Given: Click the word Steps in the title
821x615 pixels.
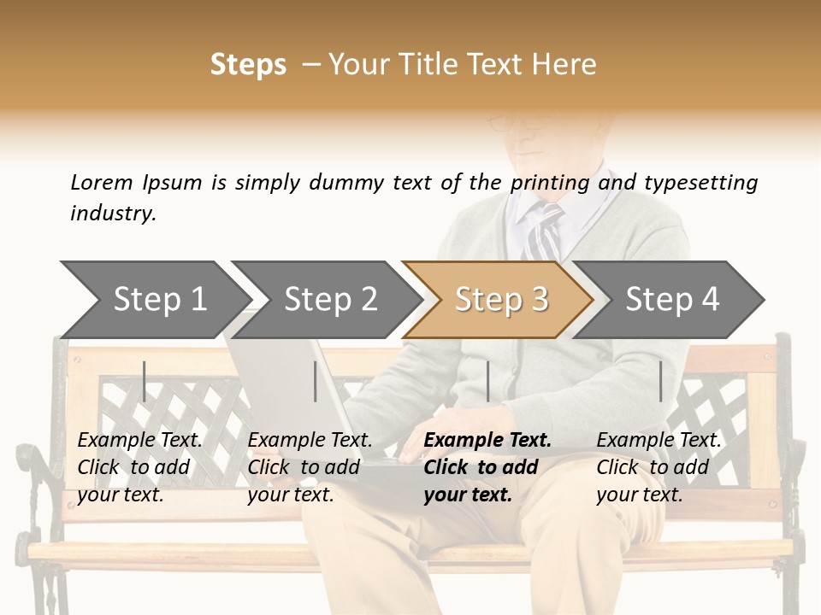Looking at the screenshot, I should [248, 65].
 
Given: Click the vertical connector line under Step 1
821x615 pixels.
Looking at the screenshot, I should [145, 381].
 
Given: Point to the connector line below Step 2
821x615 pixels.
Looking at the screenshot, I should [316, 381].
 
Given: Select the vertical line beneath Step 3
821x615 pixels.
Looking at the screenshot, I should [487, 381].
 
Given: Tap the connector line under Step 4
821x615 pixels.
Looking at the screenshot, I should [660, 381].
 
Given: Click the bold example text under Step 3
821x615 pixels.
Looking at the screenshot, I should [486, 467].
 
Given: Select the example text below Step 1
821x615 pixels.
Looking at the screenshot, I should [139, 467].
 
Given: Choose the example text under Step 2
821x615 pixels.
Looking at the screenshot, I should [310, 467].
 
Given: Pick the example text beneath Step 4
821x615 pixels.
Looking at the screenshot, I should [658, 467].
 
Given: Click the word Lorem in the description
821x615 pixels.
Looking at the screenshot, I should [102, 182].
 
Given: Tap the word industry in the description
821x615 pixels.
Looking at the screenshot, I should [113, 213].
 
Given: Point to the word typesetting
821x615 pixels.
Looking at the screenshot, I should [700, 183].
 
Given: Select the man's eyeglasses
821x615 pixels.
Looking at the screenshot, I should [513, 123].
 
